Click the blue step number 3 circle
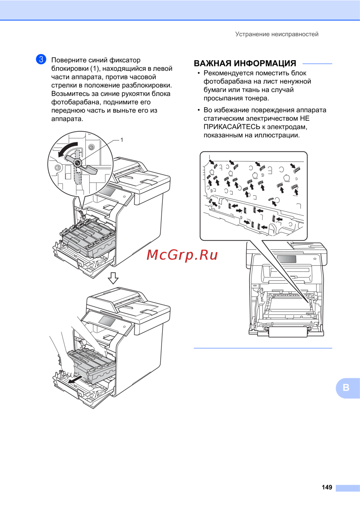41,59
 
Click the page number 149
327,487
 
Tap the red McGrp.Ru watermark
182,255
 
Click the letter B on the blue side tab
346,388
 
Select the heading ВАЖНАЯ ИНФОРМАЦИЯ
245,63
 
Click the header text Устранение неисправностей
276,34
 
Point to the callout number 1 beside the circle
122,140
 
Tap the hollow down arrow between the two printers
113,278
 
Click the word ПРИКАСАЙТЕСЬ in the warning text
232,127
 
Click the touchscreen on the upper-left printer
107,192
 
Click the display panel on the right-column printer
287,259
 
